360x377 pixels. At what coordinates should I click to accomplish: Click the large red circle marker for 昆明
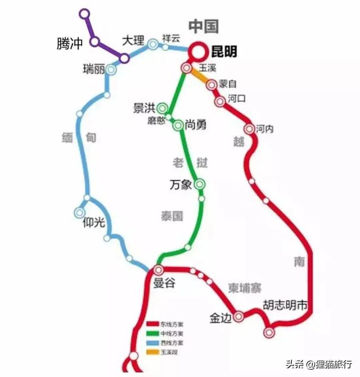point(197,51)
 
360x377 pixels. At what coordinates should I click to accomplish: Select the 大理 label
point(133,40)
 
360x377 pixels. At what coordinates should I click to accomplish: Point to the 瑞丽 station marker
point(111,70)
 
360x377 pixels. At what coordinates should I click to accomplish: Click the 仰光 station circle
point(79,212)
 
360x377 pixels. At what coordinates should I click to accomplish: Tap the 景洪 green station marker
point(163,107)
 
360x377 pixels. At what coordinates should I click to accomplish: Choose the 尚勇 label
point(195,125)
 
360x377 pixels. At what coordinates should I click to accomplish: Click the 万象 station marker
point(200,184)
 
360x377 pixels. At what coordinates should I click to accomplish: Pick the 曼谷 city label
point(164,284)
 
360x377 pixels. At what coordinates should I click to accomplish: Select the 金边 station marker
point(240,316)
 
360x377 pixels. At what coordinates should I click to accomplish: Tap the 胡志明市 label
point(286,306)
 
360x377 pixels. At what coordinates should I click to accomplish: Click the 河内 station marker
point(249,129)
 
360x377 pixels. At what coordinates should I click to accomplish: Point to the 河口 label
point(237,98)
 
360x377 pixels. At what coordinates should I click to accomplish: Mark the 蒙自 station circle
point(211,85)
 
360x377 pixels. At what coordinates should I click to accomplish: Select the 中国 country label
point(203,26)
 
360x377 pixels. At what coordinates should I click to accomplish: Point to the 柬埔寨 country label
point(245,288)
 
